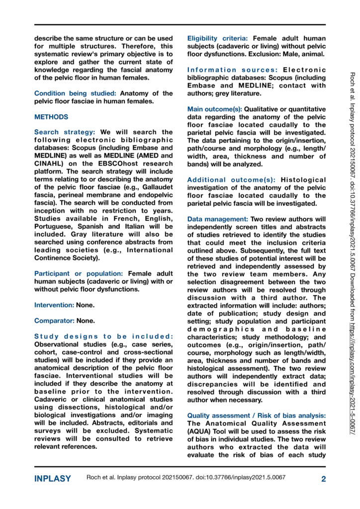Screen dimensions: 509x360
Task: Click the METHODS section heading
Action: [51, 117]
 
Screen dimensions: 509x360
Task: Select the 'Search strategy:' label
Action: [65, 132]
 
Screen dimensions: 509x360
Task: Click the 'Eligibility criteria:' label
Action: [218, 38]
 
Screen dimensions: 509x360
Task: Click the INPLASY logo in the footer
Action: [53, 479]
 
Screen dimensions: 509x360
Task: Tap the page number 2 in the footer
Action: [323, 479]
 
